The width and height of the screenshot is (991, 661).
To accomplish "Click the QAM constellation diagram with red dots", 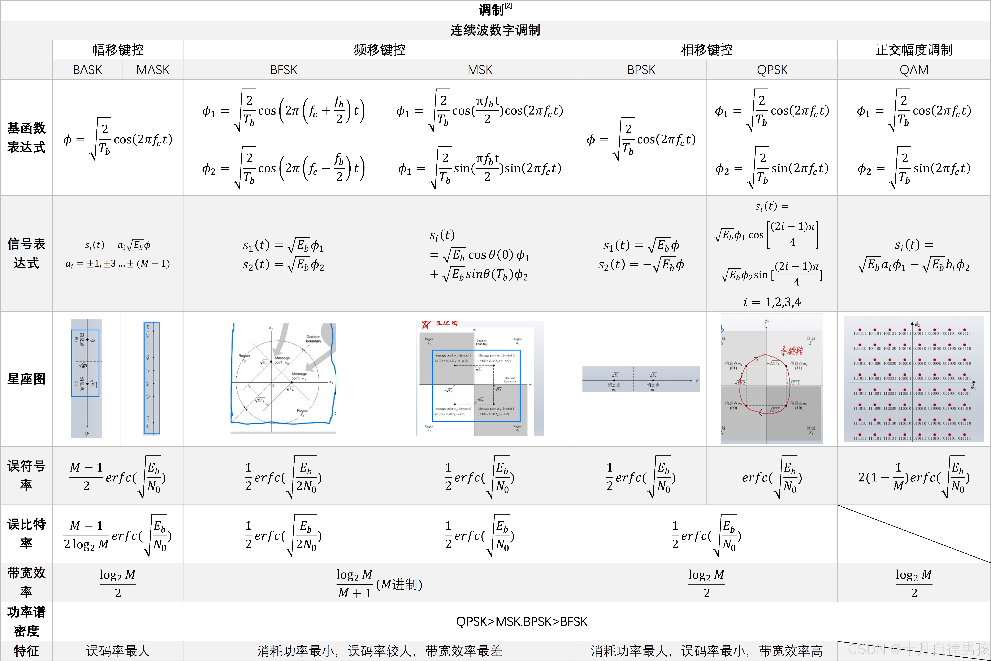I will coord(914,379).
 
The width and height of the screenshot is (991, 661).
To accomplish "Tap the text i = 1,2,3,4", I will coord(772,302).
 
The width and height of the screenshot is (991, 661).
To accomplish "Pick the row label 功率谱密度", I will coord(26,621).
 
